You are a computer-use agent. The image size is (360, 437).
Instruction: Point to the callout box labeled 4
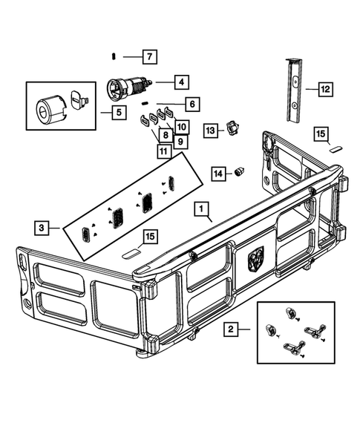(x=180, y=82)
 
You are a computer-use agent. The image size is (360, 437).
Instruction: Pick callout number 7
(x=148, y=56)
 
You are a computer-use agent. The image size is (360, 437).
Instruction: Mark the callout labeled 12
(x=324, y=90)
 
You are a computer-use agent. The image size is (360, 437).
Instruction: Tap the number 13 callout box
(x=211, y=130)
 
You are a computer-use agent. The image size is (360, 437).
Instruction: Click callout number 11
(x=163, y=151)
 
